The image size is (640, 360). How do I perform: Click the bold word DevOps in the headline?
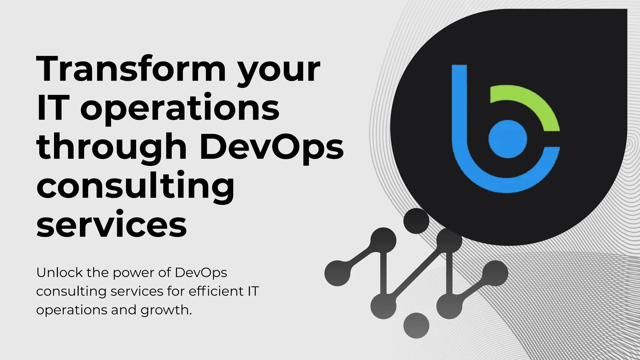pos(272,147)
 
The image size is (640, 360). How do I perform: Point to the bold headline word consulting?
pos(135,187)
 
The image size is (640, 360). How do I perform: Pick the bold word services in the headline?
pos(112,224)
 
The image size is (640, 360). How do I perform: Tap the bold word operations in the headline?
pos(180,109)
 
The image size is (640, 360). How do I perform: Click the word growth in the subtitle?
pos(166,310)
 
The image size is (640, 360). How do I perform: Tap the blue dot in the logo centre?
pos(507,139)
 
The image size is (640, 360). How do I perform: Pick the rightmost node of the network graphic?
pos(495,273)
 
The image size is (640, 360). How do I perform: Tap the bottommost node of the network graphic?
pos(416,325)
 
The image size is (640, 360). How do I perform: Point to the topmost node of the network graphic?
pos(416,221)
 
